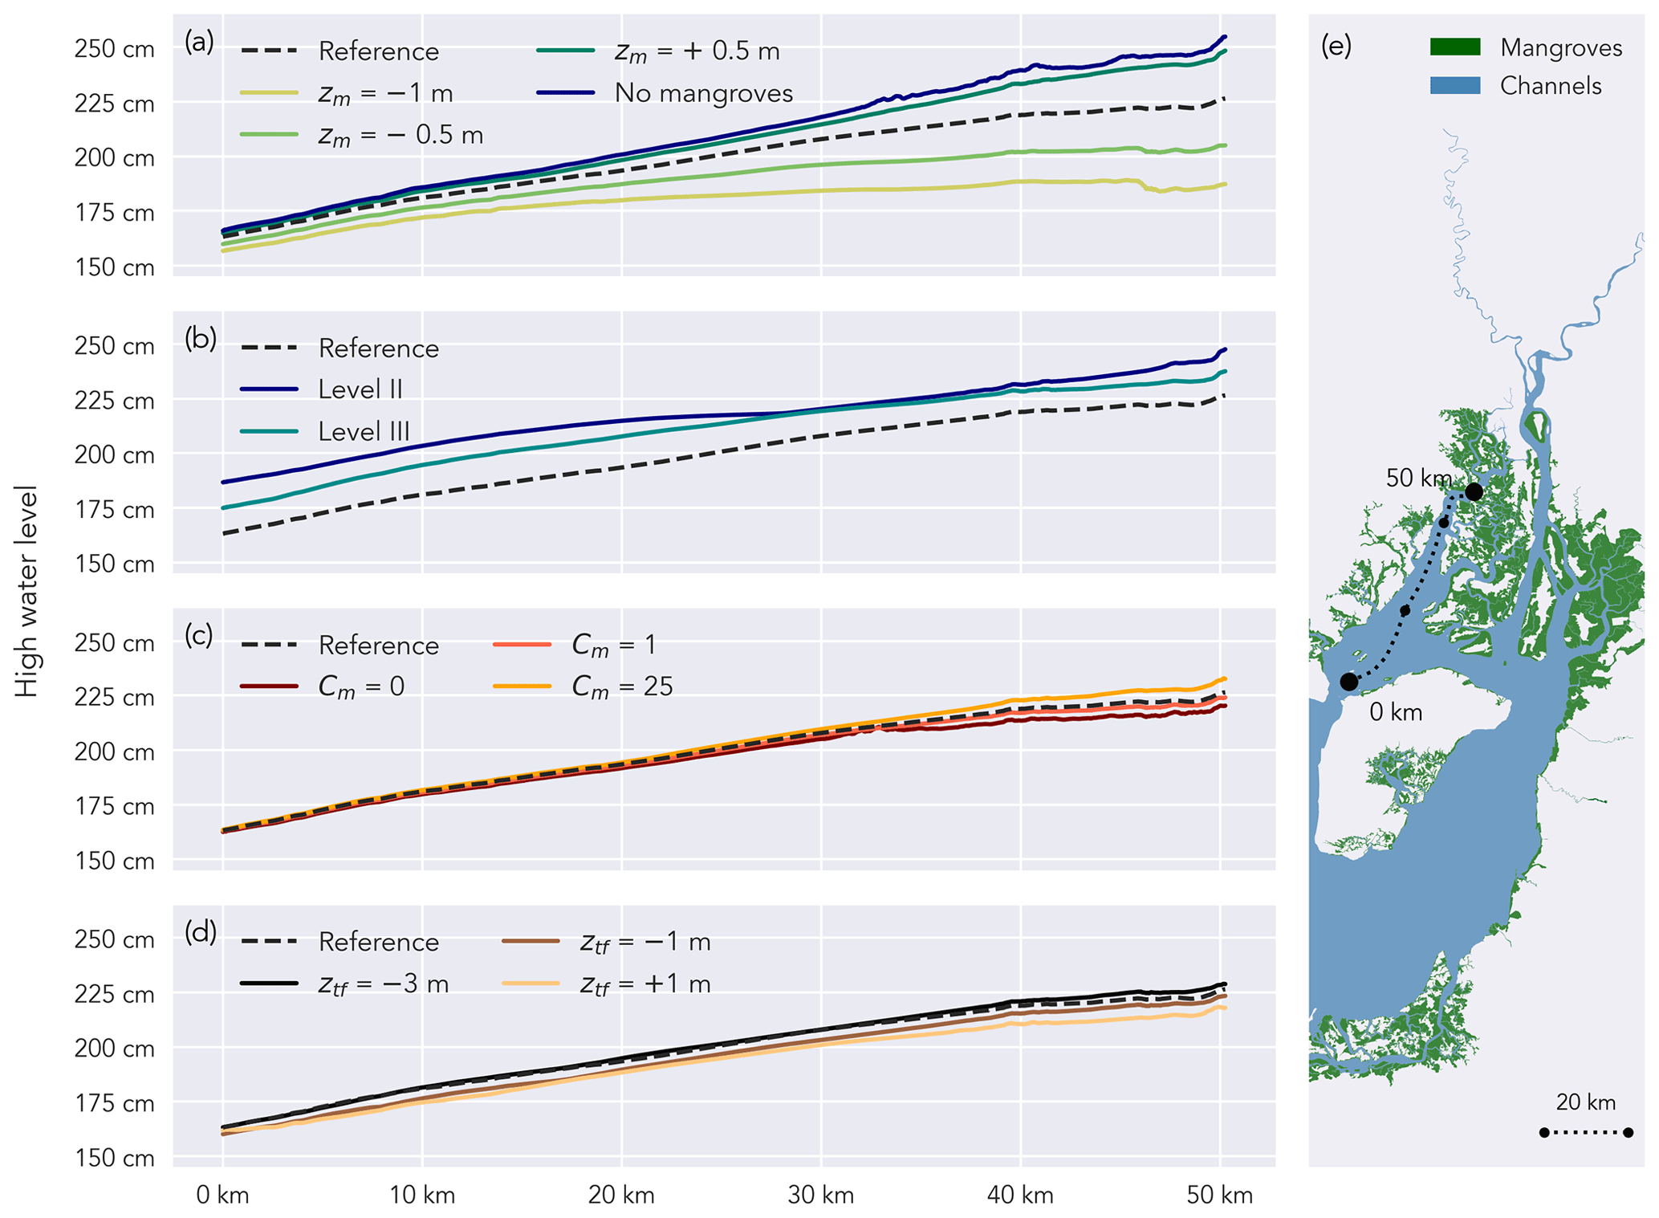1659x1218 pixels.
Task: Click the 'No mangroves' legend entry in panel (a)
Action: tap(703, 93)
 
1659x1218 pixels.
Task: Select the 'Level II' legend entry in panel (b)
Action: tap(360, 389)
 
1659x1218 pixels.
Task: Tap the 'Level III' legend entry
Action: tap(364, 431)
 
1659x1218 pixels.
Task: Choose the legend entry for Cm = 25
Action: tap(622, 686)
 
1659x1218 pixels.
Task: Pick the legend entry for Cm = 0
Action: tap(361, 686)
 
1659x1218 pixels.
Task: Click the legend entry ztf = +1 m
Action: tap(645, 984)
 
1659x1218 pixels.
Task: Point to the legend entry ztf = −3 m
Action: tap(383, 984)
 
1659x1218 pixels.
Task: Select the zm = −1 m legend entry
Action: tap(385, 93)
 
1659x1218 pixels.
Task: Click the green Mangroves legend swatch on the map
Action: tap(1454, 47)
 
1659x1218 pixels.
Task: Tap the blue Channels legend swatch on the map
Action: tap(1454, 86)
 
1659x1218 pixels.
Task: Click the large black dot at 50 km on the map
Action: tap(1474, 491)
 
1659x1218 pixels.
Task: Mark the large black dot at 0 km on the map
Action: tap(1349, 682)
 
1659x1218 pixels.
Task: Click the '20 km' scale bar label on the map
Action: tap(1585, 1102)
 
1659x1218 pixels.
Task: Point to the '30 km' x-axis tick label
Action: tap(820, 1196)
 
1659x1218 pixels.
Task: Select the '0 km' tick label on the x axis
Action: tap(222, 1196)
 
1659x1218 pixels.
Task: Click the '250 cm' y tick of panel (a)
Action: tap(114, 49)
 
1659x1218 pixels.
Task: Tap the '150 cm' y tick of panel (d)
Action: tap(114, 1158)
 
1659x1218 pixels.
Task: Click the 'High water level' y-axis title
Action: tap(26, 591)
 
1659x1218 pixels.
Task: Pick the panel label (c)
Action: tap(199, 634)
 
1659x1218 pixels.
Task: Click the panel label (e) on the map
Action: tap(1336, 47)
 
